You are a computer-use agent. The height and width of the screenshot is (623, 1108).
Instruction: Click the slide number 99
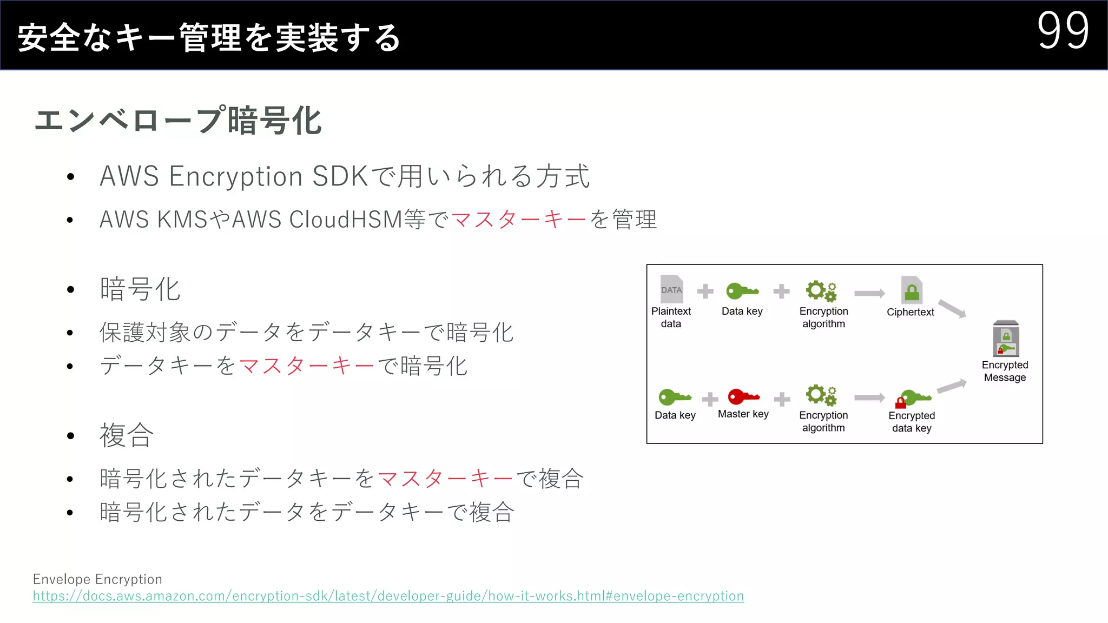click(1063, 31)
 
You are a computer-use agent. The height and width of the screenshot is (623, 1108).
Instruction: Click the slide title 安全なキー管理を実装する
click(209, 38)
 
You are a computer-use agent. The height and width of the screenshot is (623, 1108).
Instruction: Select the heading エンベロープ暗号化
click(178, 120)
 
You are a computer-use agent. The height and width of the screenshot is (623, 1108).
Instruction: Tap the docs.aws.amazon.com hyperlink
click(388, 596)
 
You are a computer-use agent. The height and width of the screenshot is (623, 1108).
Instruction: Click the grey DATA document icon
click(671, 289)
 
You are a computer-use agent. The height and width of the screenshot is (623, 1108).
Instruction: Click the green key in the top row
click(742, 291)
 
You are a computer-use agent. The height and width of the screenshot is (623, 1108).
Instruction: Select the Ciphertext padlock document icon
click(912, 290)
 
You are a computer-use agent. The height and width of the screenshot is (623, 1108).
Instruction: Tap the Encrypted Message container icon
click(1006, 339)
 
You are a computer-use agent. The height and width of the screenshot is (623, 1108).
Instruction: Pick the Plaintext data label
click(671, 317)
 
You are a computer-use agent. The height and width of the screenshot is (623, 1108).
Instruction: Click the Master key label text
click(743, 414)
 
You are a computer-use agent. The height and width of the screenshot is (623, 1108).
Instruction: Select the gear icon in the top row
click(821, 291)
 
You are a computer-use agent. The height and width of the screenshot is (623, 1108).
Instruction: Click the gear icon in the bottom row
click(821, 395)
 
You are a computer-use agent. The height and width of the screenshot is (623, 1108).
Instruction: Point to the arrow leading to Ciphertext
click(869, 293)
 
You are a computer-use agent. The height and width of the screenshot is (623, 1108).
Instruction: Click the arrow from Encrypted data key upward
click(952, 386)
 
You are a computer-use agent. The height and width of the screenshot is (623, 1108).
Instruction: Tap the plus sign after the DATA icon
click(705, 291)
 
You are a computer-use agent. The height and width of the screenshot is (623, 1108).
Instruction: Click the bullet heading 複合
click(127, 435)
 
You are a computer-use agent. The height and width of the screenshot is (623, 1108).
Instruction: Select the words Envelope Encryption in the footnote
click(97, 579)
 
